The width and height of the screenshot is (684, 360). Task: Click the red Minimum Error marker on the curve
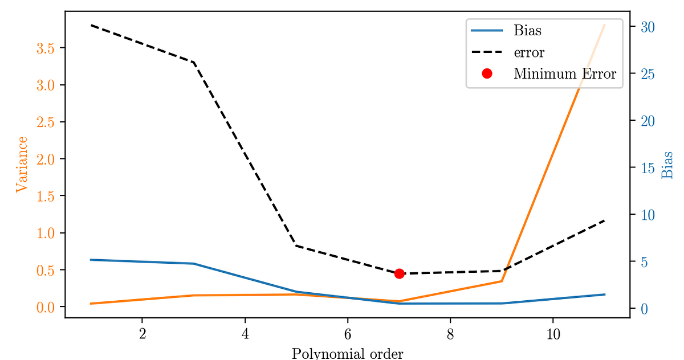399,273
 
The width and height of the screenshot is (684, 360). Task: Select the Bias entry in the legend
527,30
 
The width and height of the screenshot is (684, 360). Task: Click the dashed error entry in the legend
528,52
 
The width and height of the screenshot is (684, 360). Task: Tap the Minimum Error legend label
564,74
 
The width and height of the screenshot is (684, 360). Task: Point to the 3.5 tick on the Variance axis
46,48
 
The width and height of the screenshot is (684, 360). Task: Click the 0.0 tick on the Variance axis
46,308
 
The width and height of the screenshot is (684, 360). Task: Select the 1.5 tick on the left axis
46,196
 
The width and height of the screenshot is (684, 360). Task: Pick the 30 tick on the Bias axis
648,27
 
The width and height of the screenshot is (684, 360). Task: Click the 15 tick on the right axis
648,168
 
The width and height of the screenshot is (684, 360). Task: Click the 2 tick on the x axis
142,334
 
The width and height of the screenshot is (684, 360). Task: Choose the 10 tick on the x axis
553,334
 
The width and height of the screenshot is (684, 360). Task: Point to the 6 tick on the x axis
348,334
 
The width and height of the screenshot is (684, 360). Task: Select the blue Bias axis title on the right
667,165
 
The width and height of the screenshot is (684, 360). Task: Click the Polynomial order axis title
347,353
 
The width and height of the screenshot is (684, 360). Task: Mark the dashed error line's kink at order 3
194,62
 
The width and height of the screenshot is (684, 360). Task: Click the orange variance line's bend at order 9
502,281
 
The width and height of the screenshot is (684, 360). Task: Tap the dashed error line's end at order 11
604,220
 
